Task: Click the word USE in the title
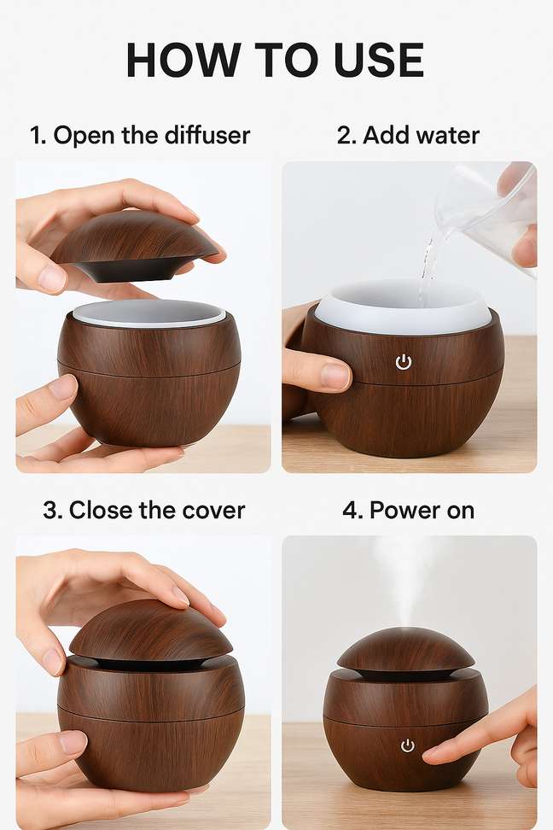pyautogui.click(x=379, y=60)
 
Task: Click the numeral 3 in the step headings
pyautogui.click(x=51, y=511)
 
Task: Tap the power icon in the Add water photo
pyautogui.click(x=404, y=362)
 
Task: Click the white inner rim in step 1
pyautogui.click(x=149, y=314)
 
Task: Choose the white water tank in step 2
pyautogui.click(x=404, y=307)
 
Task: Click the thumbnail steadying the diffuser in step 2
pyautogui.click(x=335, y=375)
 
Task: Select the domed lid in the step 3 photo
pyautogui.click(x=151, y=633)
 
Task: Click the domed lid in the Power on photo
pyautogui.click(x=406, y=651)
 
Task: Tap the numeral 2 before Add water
pyautogui.click(x=345, y=136)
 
